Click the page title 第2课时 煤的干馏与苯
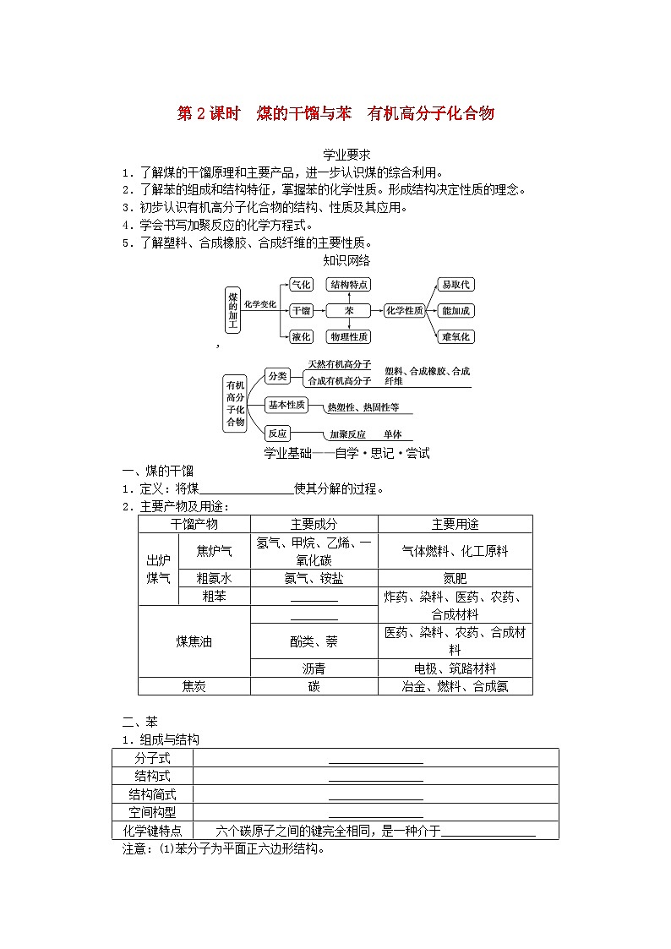pos(335,114)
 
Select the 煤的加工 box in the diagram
pos(233,310)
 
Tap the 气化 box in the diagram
pos(301,285)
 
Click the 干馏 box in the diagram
pos(301,311)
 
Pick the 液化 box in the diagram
pos(301,336)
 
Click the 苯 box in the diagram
pos(349,311)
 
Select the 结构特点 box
pos(349,285)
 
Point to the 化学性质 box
pos(404,311)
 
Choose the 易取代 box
pos(456,285)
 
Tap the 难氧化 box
pos(456,336)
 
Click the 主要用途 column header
pos(455,524)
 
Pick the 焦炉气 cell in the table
pos(214,551)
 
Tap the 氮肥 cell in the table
pos(455,579)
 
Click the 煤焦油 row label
pos(194,641)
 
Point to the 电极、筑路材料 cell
pos(455,668)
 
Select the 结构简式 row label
pos(152,794)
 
